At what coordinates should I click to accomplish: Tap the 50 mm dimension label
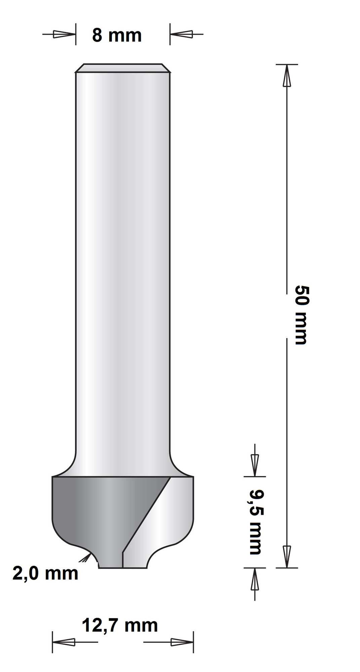(x=301, y=315)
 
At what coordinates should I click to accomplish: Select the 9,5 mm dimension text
(x=256, y=522)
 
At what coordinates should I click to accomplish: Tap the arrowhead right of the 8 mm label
(x=182, y=34)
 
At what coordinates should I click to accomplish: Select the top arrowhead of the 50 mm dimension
(x=286, y=76)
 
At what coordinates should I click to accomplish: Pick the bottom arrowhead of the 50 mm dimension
(x=286, y=556)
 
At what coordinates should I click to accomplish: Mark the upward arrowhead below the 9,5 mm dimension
(x=255, y=579)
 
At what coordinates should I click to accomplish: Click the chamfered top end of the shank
(x=123, y=68)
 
